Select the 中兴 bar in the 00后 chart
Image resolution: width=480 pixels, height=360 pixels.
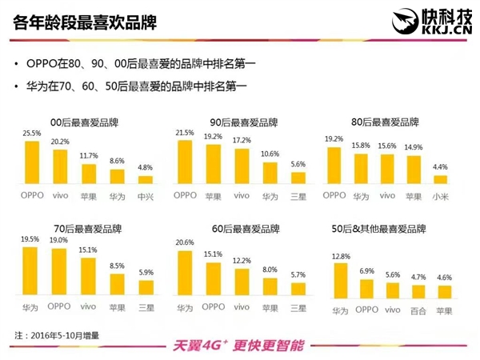(x=145, y=181)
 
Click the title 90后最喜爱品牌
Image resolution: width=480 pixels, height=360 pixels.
(x=241, y=122)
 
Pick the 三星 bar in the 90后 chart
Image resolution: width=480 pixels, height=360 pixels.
(x=297, y=180)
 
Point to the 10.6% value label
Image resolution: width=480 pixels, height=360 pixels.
(x=270, y=154)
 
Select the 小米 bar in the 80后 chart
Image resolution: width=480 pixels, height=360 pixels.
(x=441, y=181)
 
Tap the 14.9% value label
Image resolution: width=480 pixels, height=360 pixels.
(x=414, y=147)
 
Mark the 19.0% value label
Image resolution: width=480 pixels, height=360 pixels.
(x=59, y=240)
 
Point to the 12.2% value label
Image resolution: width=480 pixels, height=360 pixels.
(x=241, y=261)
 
